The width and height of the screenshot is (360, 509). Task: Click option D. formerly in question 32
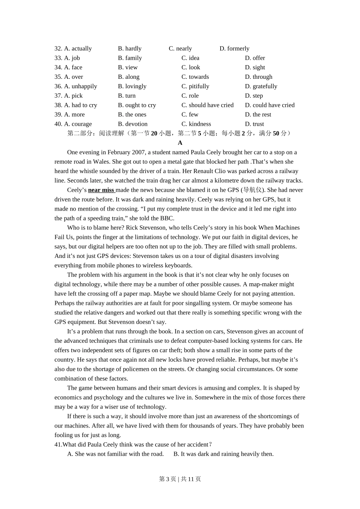pyautogui.click(x=234, y=48)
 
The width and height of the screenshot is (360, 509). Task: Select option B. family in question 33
pyautogui.click(x=130, y=58)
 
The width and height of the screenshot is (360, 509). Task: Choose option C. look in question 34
pyautogui.click(x=191, y=67)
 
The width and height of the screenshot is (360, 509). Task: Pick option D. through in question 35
pyautogui.click(x=258, y=77)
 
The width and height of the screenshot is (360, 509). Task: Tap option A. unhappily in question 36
pyautogui.click(x=80, y=86)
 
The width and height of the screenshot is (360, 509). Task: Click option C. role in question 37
pyautogui.click(x=190, y=96)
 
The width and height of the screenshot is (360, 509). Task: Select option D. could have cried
pyautogui.click(x=269, y=105)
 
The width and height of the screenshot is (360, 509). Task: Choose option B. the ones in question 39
pyautogui.click(x=132, y=114)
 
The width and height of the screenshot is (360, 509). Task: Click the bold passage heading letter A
pyautogui.click(x=180, y=143)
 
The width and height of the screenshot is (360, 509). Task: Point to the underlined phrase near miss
pyautogui.click(x=101, y=190)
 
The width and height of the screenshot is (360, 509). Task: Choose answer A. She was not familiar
pyautogui.click(x=115, y=454)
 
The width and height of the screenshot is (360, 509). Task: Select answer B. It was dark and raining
pyautogui.click(x=223, y=454)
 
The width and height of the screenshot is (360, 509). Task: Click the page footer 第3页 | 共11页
pyautogui.click(x=180, y=479)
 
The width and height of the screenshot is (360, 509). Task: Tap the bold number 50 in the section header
pyautogui.click(x=276, y=133)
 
